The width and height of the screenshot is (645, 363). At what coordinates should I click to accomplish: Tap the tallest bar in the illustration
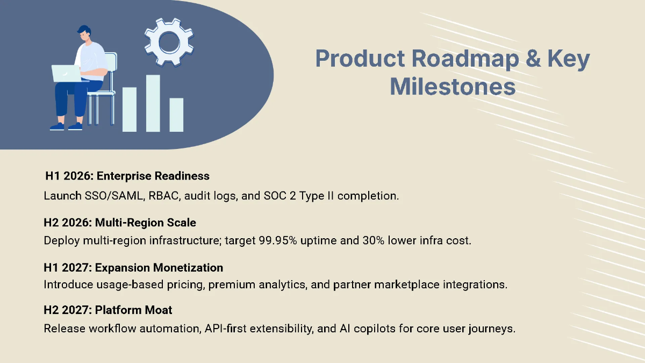click(153, 103)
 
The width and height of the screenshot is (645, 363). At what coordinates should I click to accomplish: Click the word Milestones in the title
click(453, 86)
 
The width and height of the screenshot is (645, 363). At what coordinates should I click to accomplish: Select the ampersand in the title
click(532, 59)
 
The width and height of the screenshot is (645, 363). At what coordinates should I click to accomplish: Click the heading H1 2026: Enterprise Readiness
click(127, 176)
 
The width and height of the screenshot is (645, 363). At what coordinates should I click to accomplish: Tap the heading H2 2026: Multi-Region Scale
click(120, 223)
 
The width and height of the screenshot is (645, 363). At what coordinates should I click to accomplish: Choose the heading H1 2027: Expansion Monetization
click(133, 267)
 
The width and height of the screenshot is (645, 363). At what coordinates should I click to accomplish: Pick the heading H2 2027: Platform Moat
click(108, 310)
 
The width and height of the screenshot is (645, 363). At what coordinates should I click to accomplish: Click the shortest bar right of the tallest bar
click(176, 115)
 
